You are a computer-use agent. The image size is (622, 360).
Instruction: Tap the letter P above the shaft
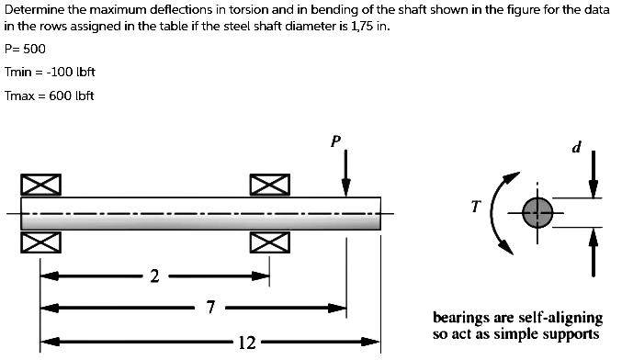pos(335,141)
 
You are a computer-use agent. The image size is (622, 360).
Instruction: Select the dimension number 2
pos(154,276)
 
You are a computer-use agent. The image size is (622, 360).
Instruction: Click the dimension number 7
pos(210,308)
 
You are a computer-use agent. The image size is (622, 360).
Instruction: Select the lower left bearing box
pos(40,243)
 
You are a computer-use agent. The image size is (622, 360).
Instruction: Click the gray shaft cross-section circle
pos(537,213)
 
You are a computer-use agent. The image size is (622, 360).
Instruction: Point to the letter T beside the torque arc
pos(475,207)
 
